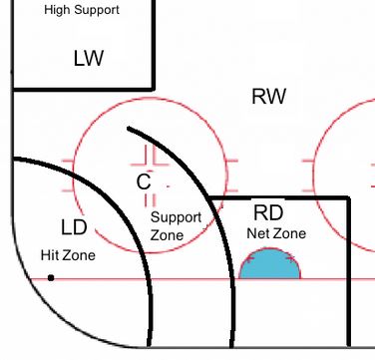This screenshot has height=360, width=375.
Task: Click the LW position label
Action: coord(89,58)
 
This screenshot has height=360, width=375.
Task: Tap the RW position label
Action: coord(268,97)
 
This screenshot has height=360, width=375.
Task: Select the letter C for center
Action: coord(144,181)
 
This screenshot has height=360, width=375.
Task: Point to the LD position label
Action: coord(74,227)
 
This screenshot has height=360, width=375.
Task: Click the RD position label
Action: coord(268,212)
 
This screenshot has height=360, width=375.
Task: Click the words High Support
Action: coord(82,10)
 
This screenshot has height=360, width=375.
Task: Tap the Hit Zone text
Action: coord(68,255)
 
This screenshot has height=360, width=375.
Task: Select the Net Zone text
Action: coord(276,233)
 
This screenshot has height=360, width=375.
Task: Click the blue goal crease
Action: coord(270,264)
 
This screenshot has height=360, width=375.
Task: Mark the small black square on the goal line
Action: coord(51,277)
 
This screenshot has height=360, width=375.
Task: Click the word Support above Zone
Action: coord(176,218)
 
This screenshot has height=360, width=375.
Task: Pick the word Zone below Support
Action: coord(167,235)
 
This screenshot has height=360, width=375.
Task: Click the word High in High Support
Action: coord(58,10)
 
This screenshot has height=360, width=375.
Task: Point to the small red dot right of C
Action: coord(168,186)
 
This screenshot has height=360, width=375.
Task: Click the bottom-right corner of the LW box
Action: coord(154,89)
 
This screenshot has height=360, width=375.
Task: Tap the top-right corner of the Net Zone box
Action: coord(348,198)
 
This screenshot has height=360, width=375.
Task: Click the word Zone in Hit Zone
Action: coord(79,255)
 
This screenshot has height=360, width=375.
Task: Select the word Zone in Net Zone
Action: coord(290,233)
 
